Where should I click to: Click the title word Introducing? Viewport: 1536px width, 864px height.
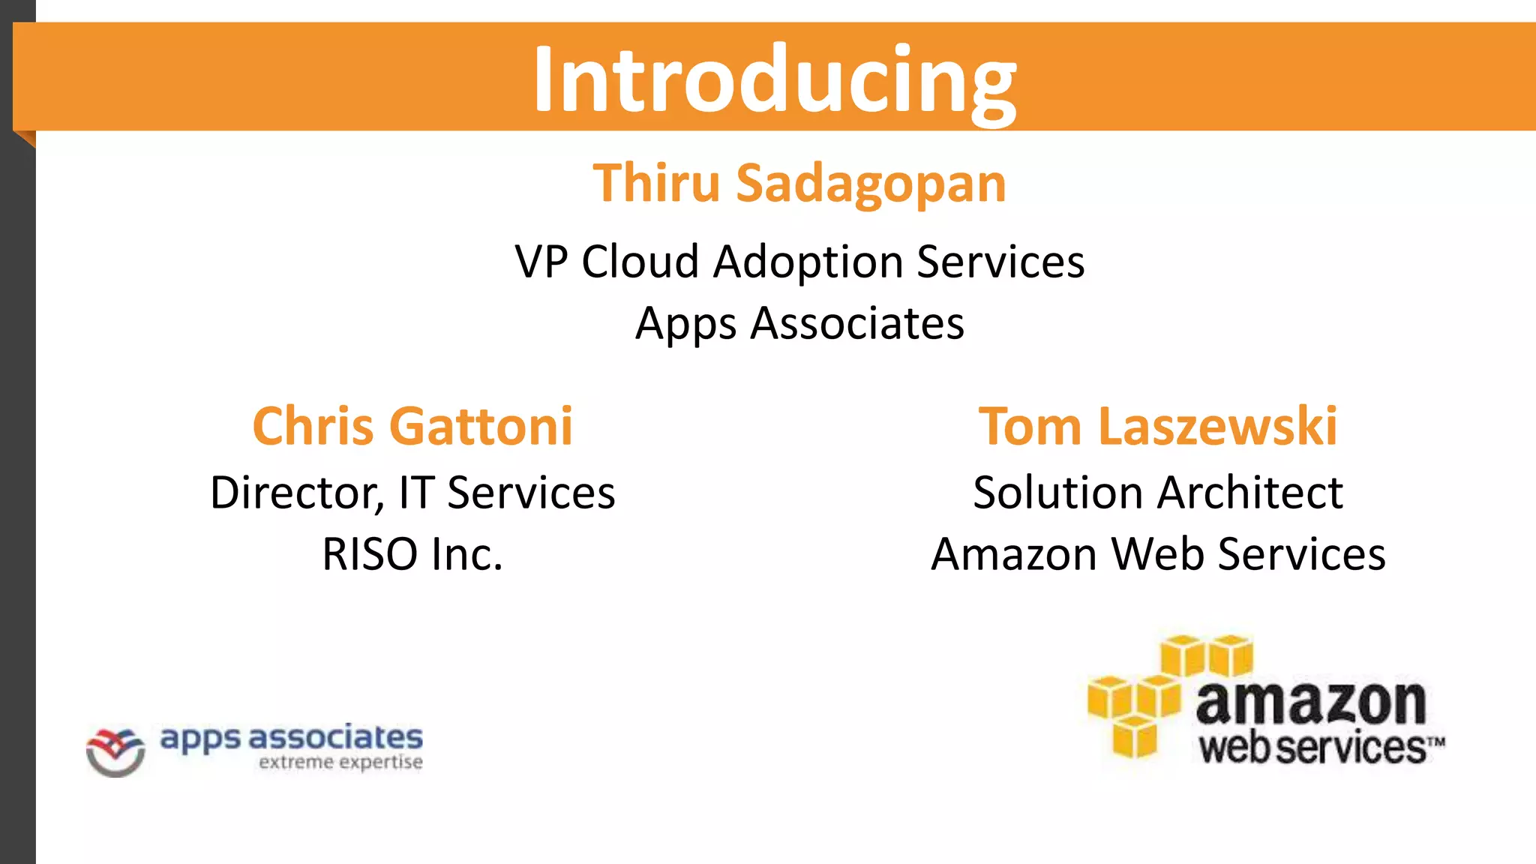[x=774, y=79]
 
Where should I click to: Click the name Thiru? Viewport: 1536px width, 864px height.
[x=656, y=183]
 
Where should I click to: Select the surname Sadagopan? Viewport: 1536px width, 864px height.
[x=871, y=184]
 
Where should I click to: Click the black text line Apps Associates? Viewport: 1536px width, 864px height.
[x=799, y=323]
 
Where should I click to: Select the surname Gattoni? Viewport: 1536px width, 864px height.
[x=482, y=426]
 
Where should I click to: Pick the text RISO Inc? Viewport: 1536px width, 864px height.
[x=412, y=554]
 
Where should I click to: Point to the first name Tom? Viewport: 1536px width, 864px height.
[x=1030, y=426]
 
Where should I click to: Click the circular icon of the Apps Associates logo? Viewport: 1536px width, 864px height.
[x=115, y=752]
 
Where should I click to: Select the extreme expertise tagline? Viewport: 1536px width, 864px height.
[x=340, y=763]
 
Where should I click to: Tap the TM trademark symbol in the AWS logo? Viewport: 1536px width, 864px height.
[x=1435, y=742]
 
